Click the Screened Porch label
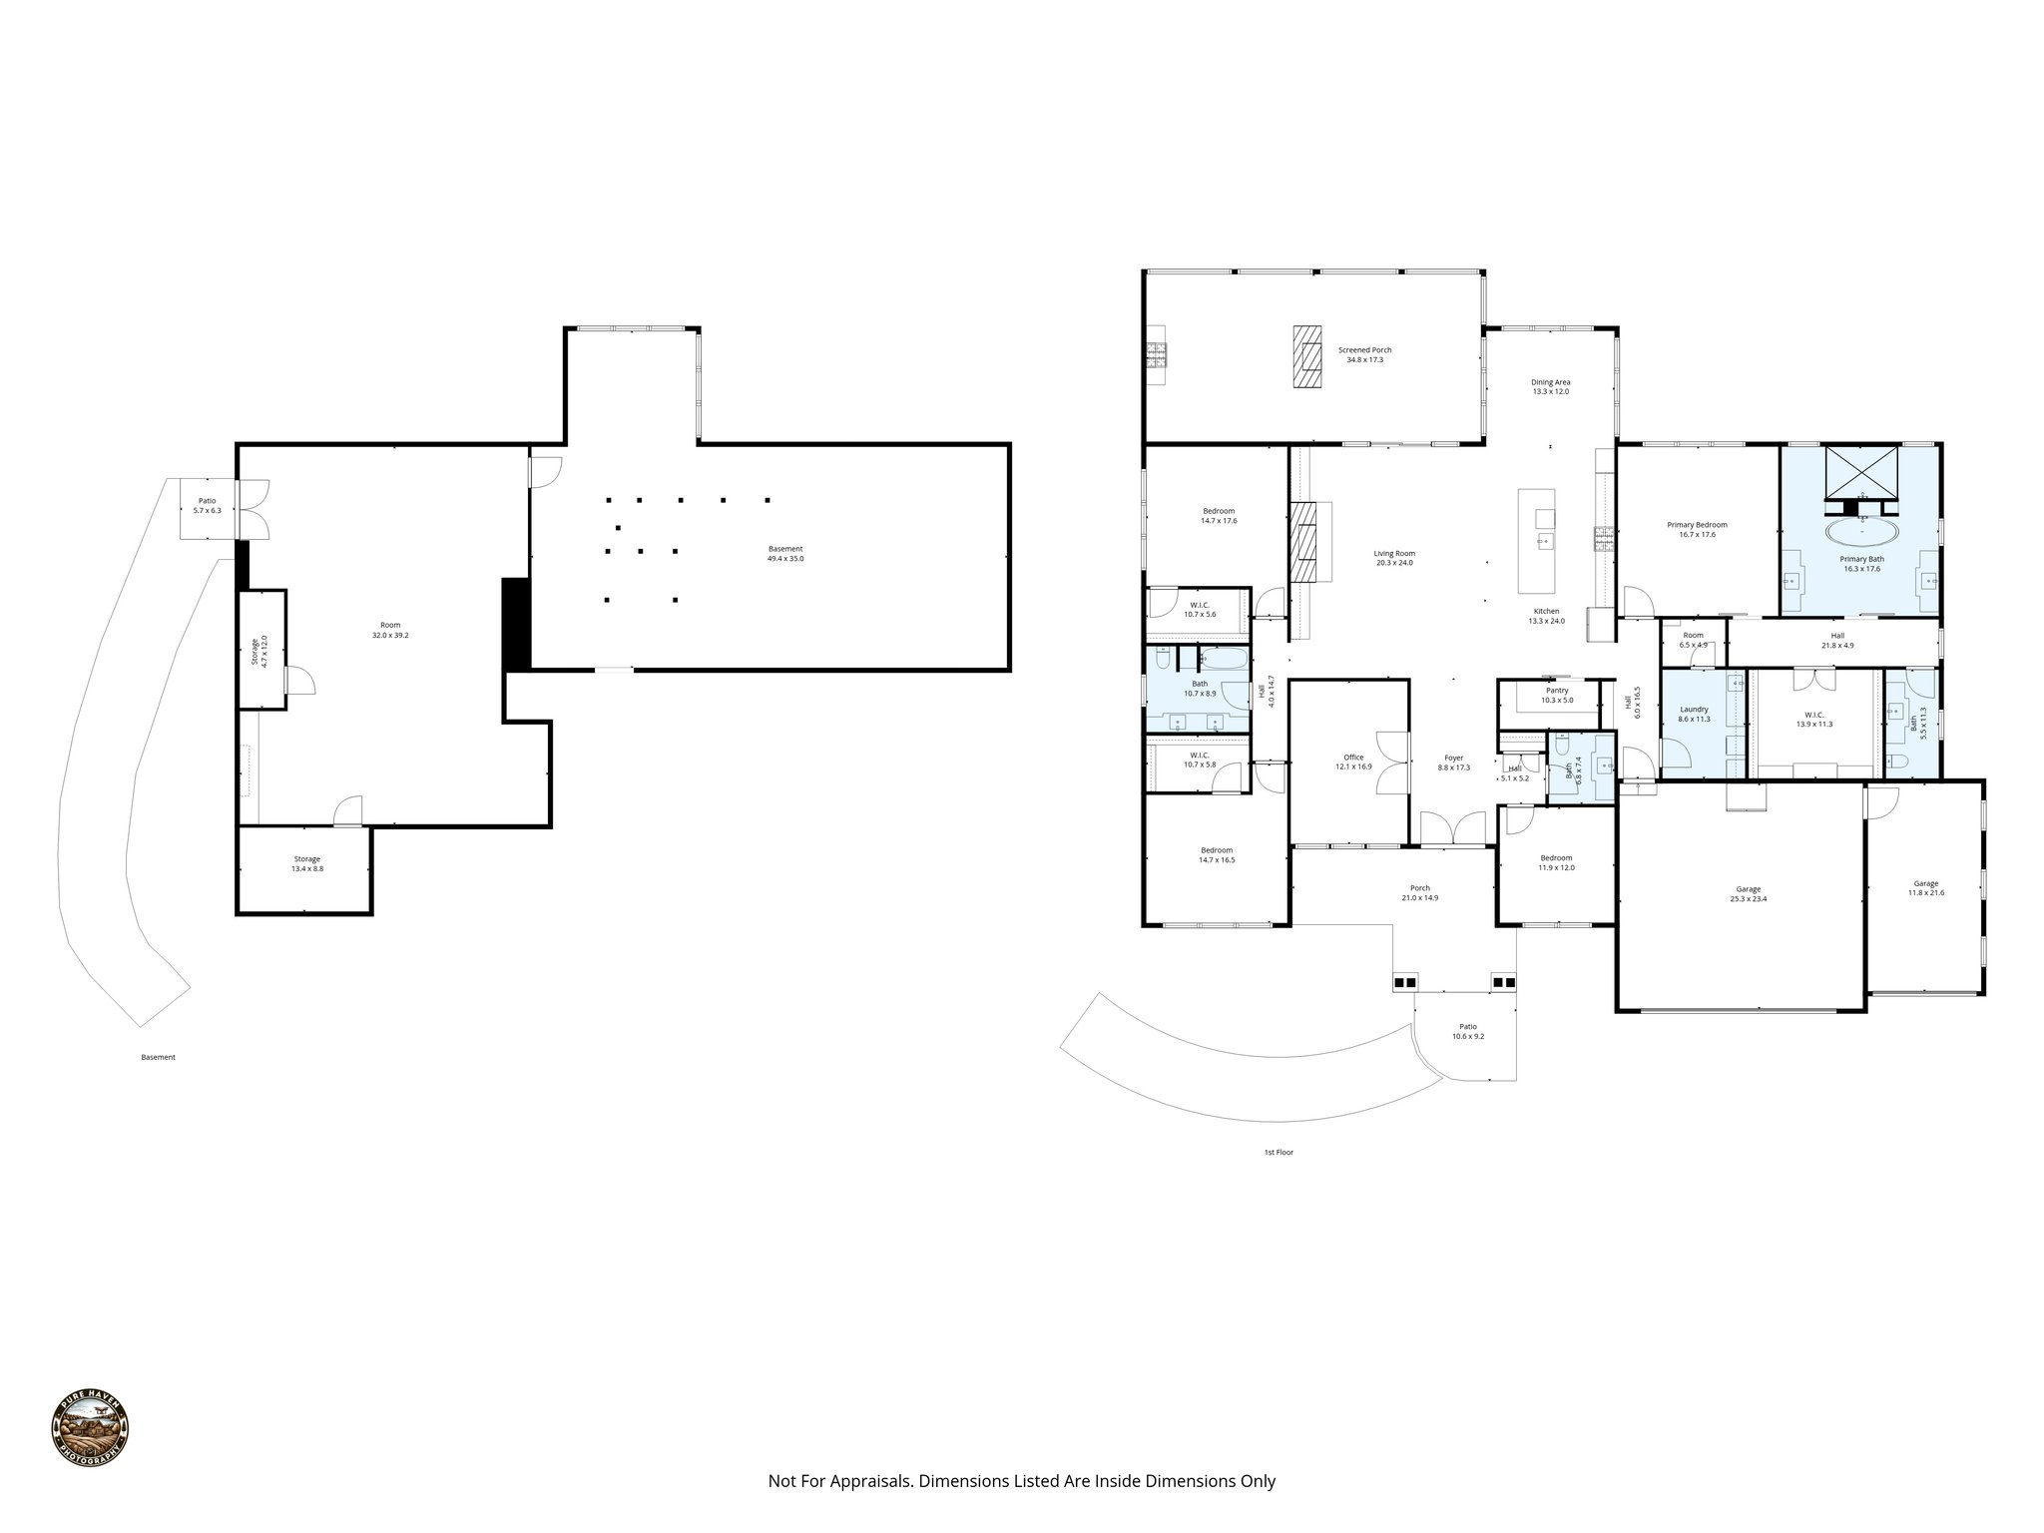point(1364,350)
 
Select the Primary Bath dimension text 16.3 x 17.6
point(1861,569)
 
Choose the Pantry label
point(1556,691)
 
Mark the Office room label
point(1353,758)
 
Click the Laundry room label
point(1694,710)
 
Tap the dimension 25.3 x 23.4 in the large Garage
point(1748,898)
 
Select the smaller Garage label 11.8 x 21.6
point(1925,892)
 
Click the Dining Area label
point(1551,382)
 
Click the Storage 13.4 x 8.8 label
point(306,859)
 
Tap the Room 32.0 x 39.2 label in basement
point(389,625)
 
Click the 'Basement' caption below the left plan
point(158,1057)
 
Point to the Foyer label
point(1453,758)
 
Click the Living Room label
point(1394,553)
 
